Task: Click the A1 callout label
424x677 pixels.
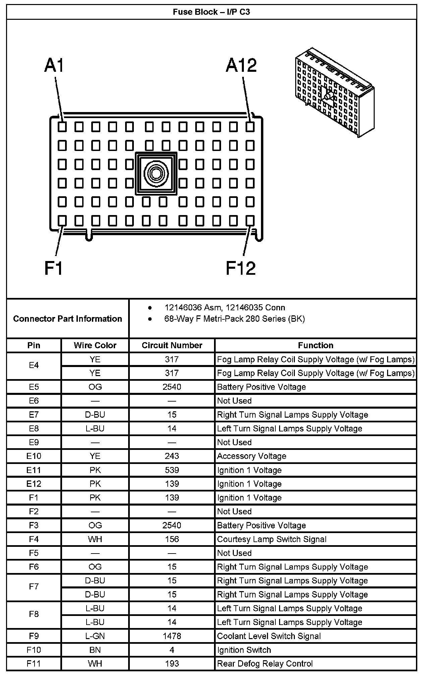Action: pos(54,65)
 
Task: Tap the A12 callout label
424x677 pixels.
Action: pos(241,65)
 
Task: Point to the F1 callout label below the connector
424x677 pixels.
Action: pos(54,268)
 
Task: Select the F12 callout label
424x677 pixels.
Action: pos(241,268)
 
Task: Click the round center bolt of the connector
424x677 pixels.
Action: pos(156,173)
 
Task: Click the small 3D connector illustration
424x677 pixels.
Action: pos(334,92)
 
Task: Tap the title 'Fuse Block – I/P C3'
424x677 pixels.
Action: pos(211,12)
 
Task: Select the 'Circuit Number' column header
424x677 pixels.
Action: pos(172,345)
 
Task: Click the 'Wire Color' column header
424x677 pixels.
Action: pos(95,345)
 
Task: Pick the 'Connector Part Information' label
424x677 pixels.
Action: pos(67,318)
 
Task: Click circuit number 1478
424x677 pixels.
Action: pos(172,636)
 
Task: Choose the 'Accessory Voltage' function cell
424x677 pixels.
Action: pos(252,456)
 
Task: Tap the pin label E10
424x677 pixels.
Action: pos(34,456)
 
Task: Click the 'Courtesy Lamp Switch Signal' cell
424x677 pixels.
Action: pos(272,539)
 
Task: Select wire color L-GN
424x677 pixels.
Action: pos(95,636)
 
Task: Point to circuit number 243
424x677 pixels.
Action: pos(172,456)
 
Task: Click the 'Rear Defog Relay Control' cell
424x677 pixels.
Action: pos(265,664)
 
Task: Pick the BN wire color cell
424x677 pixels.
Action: pos(95,650)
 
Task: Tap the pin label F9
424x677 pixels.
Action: pos(34,636)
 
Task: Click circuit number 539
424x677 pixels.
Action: pos(172,470)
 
